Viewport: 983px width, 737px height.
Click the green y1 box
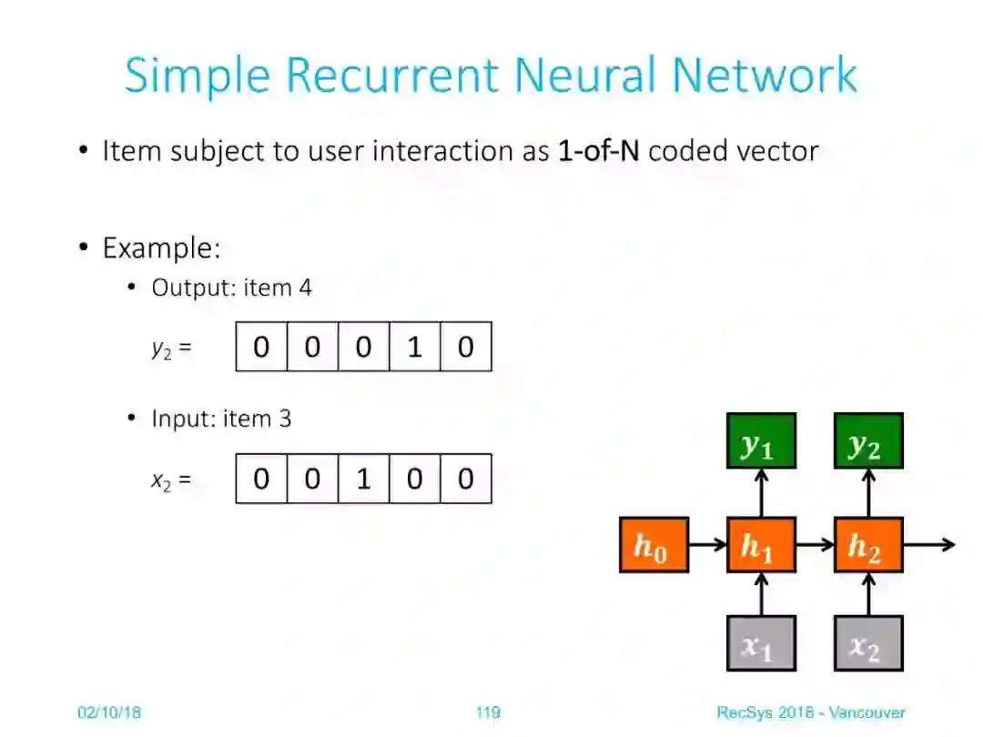click(761, 441)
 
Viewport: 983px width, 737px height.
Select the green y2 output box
click(868, 441)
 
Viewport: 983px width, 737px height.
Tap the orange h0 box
click(654, 545)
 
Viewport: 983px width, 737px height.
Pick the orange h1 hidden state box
click(761, 545)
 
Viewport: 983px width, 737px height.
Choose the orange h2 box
click(868, 545)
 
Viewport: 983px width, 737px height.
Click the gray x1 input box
click(761, 643)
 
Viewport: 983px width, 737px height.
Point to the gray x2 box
click(868, 643)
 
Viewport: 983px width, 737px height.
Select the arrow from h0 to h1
click(707, 545)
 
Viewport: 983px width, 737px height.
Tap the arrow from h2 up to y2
click(869, 493)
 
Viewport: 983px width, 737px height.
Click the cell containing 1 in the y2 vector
click(414, 347)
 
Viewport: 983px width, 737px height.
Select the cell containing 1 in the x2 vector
click(363, 479)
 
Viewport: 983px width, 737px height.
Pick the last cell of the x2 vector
click(465, 479)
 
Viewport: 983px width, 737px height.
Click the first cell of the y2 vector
click(261, 347)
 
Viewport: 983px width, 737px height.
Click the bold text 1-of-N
click(599, 150)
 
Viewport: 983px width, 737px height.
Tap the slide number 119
click(488, 712)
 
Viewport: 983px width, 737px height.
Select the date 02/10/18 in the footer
click(108, 712)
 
